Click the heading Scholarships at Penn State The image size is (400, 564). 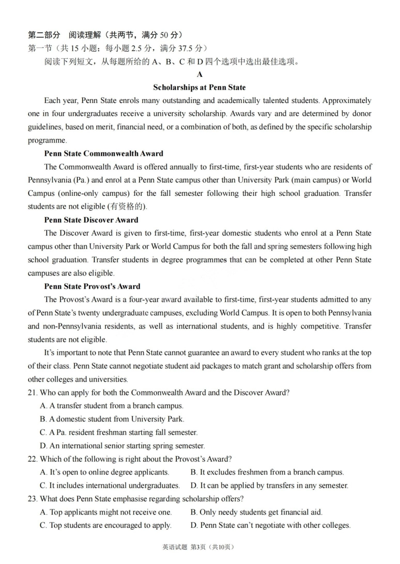[x=199, y=87]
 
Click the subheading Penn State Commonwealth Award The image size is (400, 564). [x=104, y=153]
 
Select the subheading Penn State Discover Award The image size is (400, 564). [x=91, y=220]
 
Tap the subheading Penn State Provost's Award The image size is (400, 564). [x=92, y=286]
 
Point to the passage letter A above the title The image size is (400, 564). [x=200, y=74]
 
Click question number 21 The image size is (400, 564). [x=32, y=393]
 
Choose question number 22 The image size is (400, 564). [x=32, y=459]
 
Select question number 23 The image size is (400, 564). [x=32, y=499]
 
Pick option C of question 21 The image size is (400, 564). [x=118, y=432]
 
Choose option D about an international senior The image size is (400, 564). [x=122, y=445]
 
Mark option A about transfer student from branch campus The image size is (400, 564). [x=112, y=406]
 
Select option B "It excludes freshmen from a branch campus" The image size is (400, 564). [x=267, y=472]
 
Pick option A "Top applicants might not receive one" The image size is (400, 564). [x=106, y=512]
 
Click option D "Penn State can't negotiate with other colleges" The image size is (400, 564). [x=270, y=525]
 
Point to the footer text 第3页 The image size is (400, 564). [x=198, y=547]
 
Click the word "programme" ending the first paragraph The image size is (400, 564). [x=47, y=140]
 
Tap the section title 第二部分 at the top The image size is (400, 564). [x=44, y=35]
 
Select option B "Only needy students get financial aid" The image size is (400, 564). [x=256, y=512]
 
